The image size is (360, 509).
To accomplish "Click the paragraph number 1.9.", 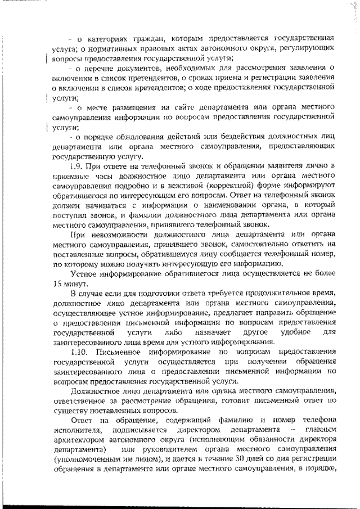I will tap(76, 167).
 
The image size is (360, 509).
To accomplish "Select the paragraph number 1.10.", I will tap(79, 352).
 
